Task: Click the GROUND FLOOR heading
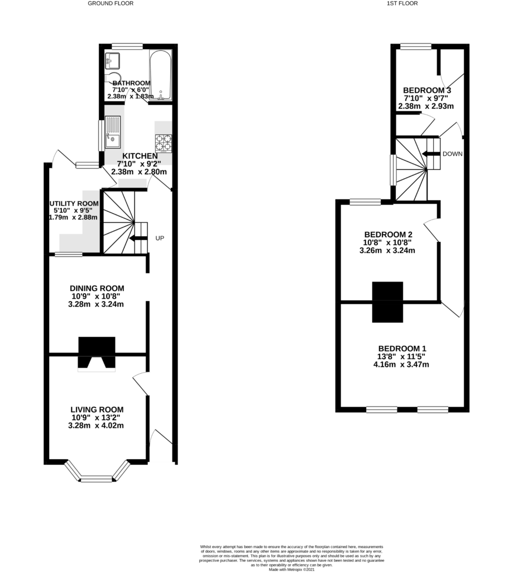click(x=111, y=3)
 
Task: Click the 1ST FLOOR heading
click(x=402, y=3)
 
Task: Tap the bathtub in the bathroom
click(x=160, y=75)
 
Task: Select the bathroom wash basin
click(x=113, y=61)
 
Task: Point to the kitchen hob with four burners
click(x=164, y=143)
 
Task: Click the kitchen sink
click(x=113, y=132)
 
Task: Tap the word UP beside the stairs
click(x=160, y=238)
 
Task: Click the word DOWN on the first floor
click(x=453, y=154)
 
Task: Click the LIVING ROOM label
click(x=97, y=409)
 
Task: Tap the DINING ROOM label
click(x=97, y=288)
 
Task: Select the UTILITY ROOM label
click(x=74, y=203)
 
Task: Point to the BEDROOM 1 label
click(x=402, y=349)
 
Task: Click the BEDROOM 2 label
click(x=389, y=234)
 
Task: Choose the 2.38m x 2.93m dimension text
click(x=426, y=106)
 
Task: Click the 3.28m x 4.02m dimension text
click(x=96, y=425)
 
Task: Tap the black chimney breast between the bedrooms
click(x=387, y=302)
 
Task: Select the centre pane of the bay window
click(x=97, y=479)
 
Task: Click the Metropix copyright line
click(x=291, y=569)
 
